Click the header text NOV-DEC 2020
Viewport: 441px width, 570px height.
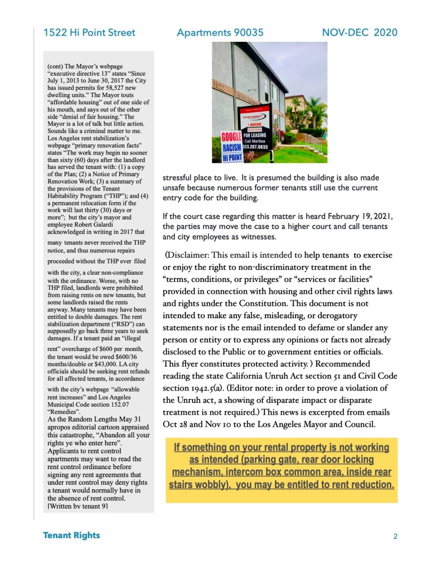(360, 33)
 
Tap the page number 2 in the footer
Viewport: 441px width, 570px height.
(395, 537)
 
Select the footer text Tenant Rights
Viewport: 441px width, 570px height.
(71, 535)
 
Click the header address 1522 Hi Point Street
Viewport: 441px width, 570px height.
(89, 33)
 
